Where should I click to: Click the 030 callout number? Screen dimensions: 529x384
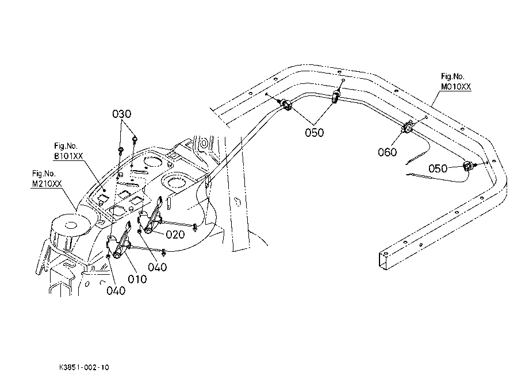tap(121, 114)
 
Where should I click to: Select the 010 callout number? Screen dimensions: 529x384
tap(137, 279)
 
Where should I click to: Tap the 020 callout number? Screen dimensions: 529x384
tap(175, 235)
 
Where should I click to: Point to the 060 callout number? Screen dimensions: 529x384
tap(388, 152)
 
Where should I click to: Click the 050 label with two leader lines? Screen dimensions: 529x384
tap(315, 132)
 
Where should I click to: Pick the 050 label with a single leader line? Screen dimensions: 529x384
tap(438, 168)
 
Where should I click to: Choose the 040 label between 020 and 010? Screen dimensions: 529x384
tap(157, 267)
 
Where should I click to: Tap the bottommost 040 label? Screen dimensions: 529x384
tap(116, 290)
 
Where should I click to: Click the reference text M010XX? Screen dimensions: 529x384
tap(456, 87)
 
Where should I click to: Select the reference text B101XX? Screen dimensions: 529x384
tap(68, 156)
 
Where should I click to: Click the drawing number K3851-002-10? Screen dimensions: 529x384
tap(84, 367)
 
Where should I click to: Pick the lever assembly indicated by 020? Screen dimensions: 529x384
tap(151, 215)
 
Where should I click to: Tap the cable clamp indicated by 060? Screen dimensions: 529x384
tap(407, 128)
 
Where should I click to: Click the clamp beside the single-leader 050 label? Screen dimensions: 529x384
tap(468, 166)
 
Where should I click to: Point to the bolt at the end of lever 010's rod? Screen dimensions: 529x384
tap(164, 251)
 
